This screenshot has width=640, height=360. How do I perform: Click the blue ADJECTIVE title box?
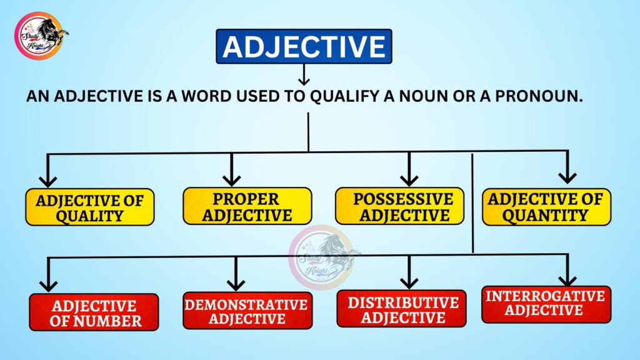[x=304, y=47]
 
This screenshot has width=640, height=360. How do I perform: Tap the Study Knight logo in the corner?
[x=41, y=35]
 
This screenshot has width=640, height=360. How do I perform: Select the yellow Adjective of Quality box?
[x=89, y=207]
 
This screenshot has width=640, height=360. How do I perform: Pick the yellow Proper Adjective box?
[x=247, y=207]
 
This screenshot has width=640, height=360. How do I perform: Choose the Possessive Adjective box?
[x=400, y=207]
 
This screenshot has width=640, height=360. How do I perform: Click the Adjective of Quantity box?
[x=546, y=207]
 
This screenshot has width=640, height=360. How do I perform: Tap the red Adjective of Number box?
[x=94, y=312]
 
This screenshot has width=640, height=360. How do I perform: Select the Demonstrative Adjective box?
[x=247, y=311]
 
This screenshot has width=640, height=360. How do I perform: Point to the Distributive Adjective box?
[x=401, y=309]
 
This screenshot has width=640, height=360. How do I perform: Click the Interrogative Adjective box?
[x=546, y=304]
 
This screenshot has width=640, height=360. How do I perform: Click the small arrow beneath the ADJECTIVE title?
[x=304, y=76]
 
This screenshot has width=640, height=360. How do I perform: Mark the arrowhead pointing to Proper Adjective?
[x=231, y=179]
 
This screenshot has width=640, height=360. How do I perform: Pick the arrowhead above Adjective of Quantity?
[x=567, y=177]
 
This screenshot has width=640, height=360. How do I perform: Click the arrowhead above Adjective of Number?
[x=48, y=285]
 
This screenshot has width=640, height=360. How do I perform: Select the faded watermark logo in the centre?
[x=322, y=256]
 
